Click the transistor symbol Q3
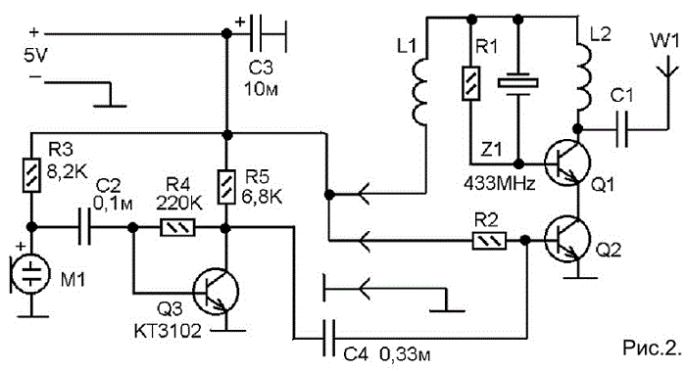click(x=217, y=292)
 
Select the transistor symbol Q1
click(x=567, y=162)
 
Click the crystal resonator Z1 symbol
click(x=518, y=83)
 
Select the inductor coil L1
click(x=420, y=93)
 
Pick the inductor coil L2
click(x=584, y=77)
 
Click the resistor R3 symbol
click(x=31, y=175)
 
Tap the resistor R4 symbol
click(x=177, y=228)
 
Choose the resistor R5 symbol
click(x=226, y=188)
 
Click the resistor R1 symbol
click(x=471, y=83)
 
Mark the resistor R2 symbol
click(x=490, y=241)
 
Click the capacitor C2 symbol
click(x=85, y=227)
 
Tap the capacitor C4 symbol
click(x=328, y=338)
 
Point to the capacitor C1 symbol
click(x=621, y=129)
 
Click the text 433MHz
click(x=499, y=184)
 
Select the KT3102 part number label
click(x=168, y=331)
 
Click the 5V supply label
click(x=36, y=56)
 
